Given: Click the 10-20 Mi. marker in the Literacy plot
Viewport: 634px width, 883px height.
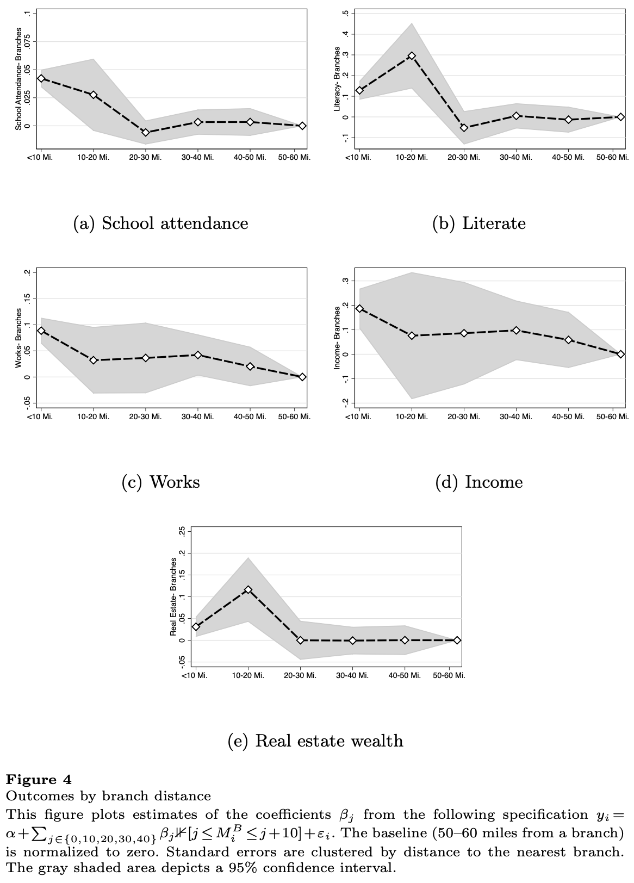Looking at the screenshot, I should point(412,55).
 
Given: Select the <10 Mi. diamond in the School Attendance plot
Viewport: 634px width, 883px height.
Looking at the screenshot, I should point(41,78).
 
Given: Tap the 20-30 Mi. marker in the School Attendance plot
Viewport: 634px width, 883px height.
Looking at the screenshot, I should point(146,132).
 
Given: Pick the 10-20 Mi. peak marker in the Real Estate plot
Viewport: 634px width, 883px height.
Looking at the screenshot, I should point(248,589).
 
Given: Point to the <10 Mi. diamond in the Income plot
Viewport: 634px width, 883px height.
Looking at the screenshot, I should point(359,308).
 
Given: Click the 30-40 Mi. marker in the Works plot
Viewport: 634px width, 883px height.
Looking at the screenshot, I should point(198,355).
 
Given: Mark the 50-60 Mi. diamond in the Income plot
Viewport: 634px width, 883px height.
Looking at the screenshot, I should point(620,354).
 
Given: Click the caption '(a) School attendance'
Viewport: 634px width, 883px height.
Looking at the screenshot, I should point(160,223).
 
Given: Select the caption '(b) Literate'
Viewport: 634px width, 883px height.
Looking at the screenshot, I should point(478,223).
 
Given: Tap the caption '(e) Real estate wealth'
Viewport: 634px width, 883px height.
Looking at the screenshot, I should point(315,741).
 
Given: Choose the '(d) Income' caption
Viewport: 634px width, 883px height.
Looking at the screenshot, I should point(478,482).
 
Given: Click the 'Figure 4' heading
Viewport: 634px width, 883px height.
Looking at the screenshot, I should point(39,780).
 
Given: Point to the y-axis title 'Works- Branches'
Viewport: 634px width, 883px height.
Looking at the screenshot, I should point(19,338).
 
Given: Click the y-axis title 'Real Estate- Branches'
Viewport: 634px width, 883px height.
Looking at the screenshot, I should point(174,596).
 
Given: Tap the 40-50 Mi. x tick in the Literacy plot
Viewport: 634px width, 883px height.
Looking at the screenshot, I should point(568,158).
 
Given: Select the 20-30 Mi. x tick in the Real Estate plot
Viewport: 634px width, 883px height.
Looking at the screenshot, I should point(300,675).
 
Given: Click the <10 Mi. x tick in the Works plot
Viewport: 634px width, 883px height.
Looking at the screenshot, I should point(40,416).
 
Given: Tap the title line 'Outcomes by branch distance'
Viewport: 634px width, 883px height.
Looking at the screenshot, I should point(108,796).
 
